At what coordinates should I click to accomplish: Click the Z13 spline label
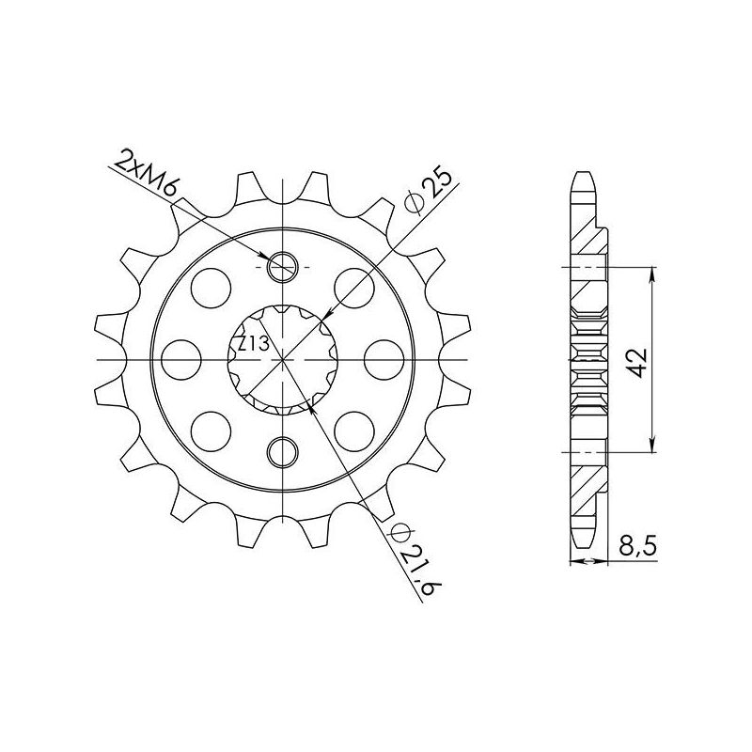pyautogui.click(x=254, y=343)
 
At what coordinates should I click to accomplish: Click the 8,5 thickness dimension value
pyautogui.click(x=637, y=546)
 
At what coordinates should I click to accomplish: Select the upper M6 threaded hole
pyautogui.click(x=283, y=267)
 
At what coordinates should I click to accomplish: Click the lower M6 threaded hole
pyautogui.click(x=283, y=451)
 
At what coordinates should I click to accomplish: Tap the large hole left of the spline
pyautogui.click(x=180, y=360)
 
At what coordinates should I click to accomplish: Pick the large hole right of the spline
pyautogui.click(x=384, y=360)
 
